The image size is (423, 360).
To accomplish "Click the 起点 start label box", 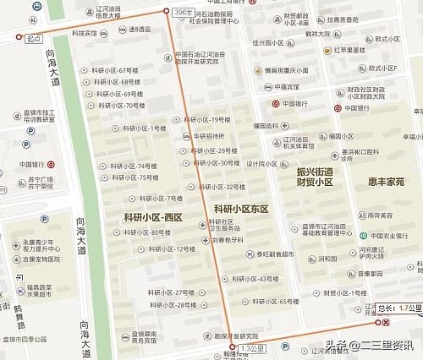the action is (x=33, y=38).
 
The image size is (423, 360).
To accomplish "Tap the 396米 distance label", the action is (x=182, y=14).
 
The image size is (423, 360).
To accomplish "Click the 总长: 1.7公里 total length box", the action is (x=398, y=308).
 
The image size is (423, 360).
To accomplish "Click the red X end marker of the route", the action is (x=386, y=323).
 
